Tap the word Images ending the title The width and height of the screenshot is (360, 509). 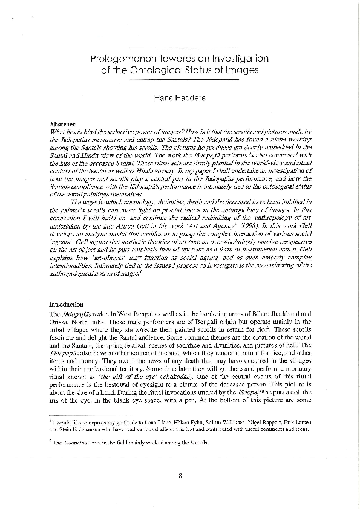tap(241, 70)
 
